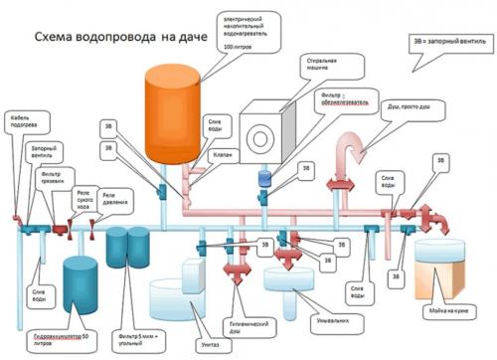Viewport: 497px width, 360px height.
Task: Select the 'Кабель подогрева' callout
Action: [26, 121]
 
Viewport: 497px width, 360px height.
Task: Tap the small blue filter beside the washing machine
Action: [262, 178]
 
